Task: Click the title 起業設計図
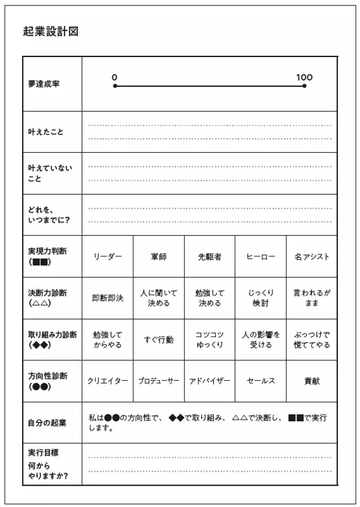click(50, 31)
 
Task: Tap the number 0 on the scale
click(115, 77)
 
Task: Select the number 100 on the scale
click(304, 77)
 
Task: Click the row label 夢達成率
click(44, 84)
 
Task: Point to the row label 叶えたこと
click(46, 132)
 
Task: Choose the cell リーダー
click(108, 256)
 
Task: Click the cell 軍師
click(159, 256)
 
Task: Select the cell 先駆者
click(210, 256)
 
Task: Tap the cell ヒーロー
click(261, 256)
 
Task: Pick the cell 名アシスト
click(312, 256)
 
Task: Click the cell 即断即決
click(108, 298)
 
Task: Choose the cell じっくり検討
click(261, 298)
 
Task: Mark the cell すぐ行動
click(159, 340)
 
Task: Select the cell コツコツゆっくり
click(210, 340)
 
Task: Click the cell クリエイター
click(108, 381)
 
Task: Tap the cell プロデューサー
click(159, 381)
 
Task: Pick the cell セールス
click(261, 381)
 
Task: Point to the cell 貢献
click(312, 381)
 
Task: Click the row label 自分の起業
click(47, 423)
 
